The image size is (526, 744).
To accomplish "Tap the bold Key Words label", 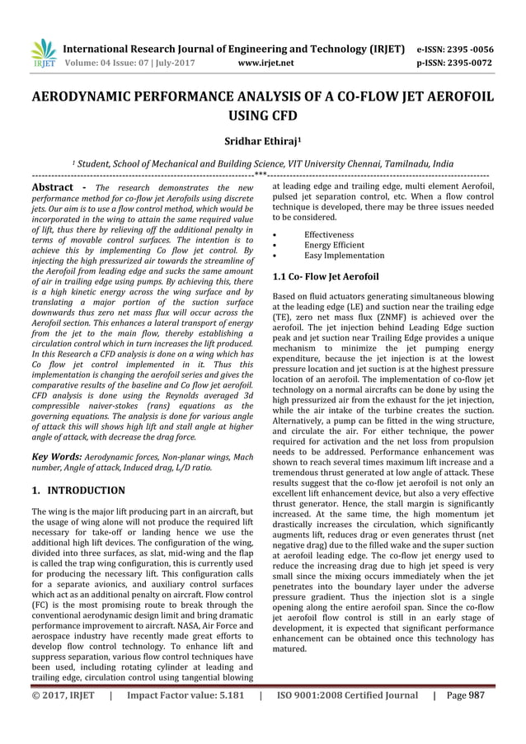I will click(x=56, y=455).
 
